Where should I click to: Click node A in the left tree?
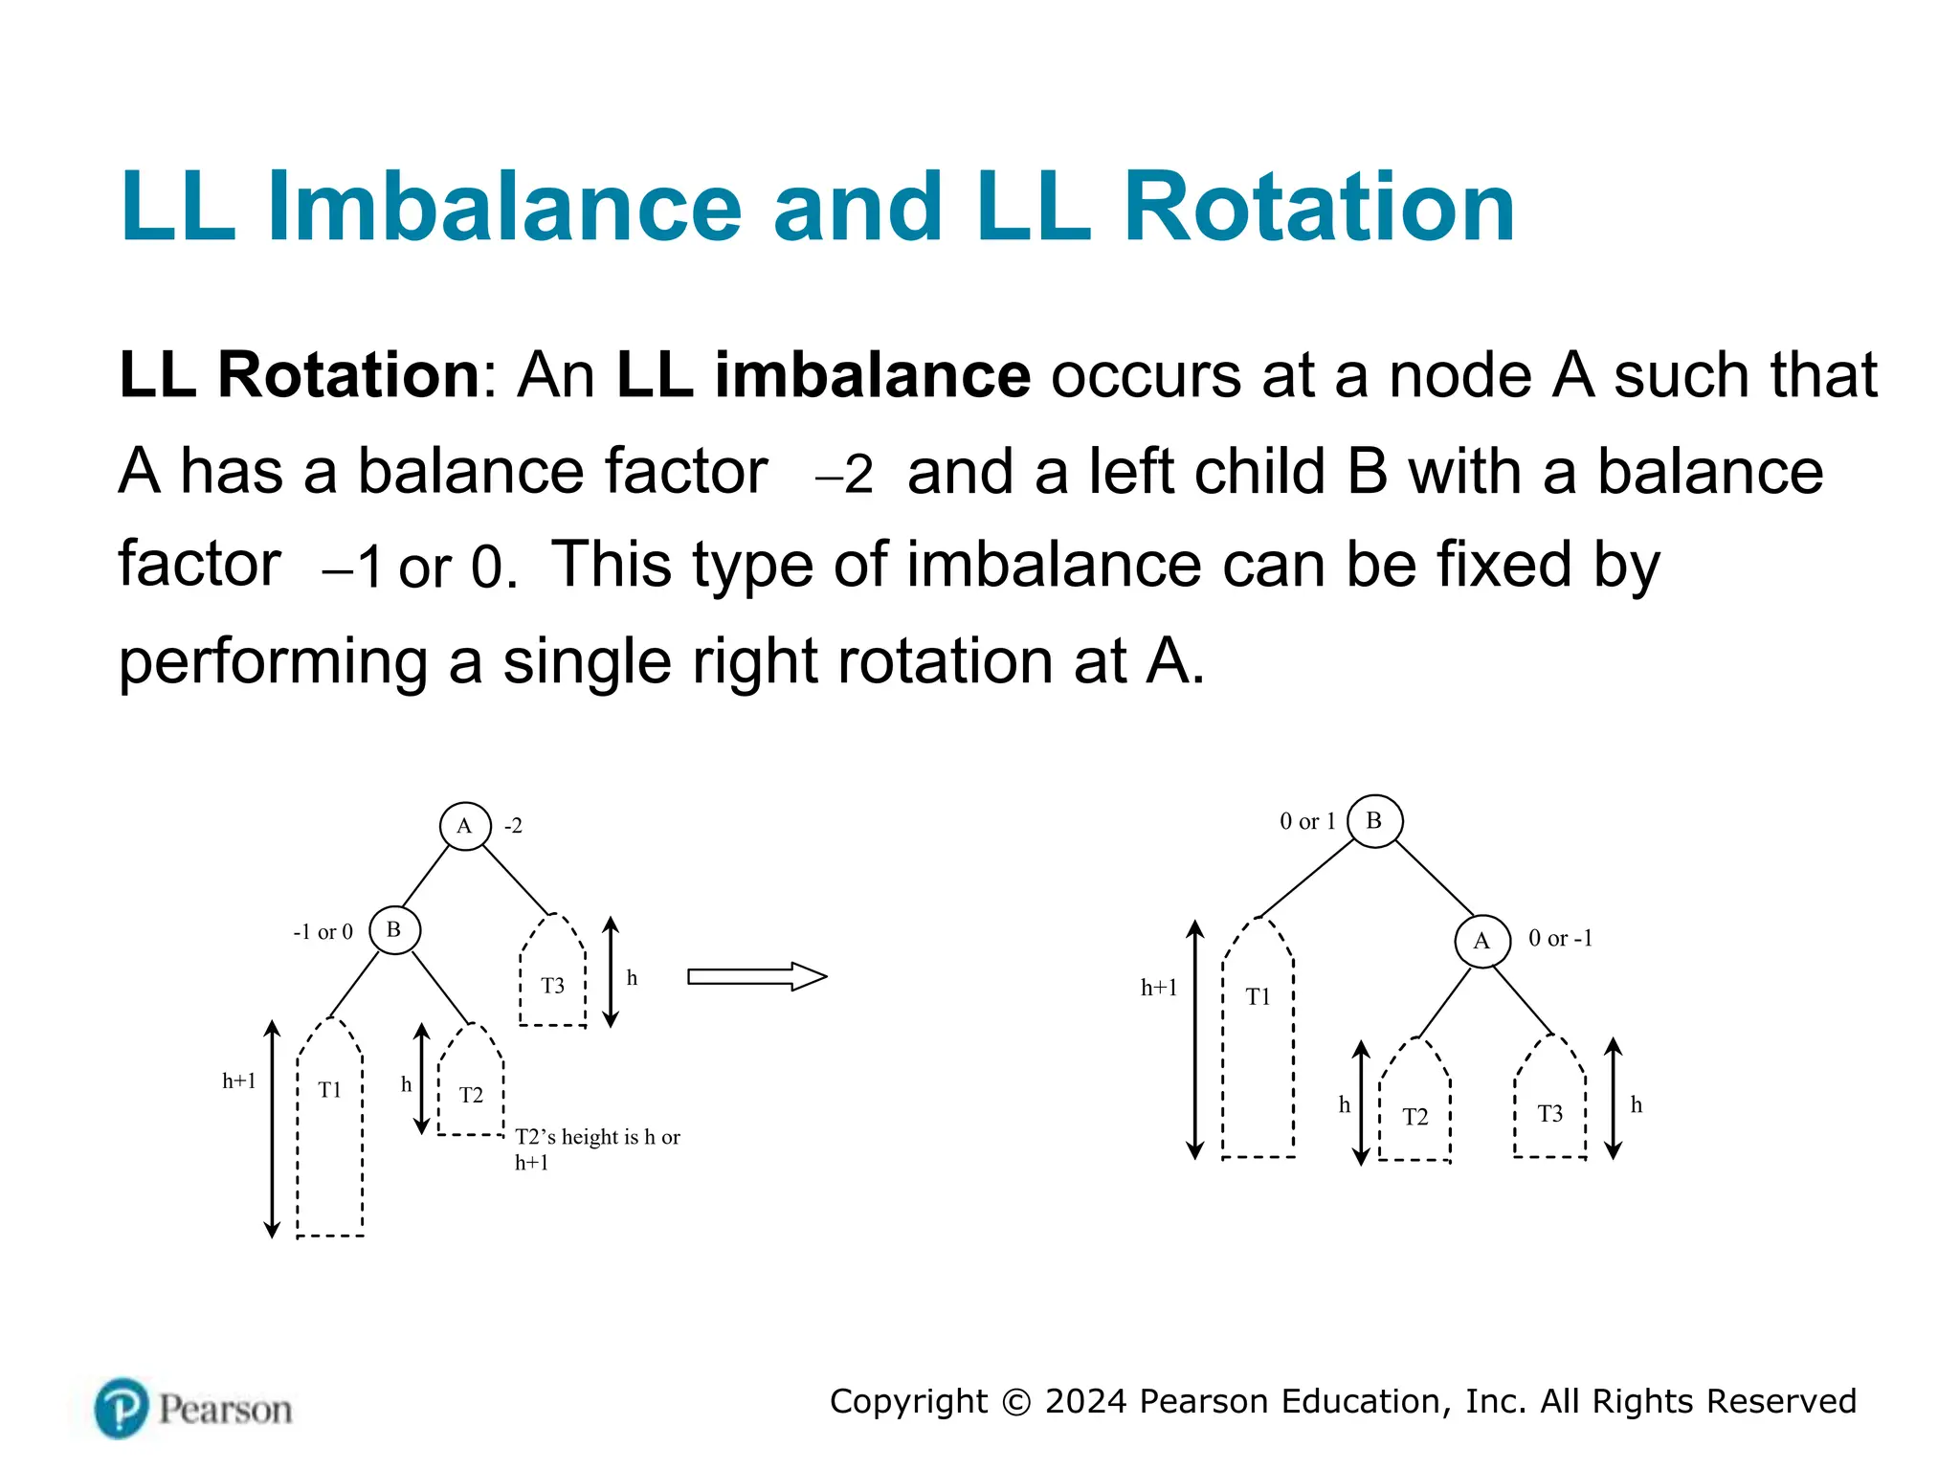pyautogui.click(x=465, y=826)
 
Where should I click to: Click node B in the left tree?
pyautogui.click(x=394, y=929)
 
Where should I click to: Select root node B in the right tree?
pyautogui.click(x=1374, y=821)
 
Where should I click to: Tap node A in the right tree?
pyautogui.click(x=1482, y=941)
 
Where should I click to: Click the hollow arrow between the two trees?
pyautogui.click(x=756, y=976)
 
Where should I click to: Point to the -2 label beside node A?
pyautogui.click(x=514, y=826)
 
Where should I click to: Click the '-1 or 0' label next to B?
pyautogui.click(x=323, y=932)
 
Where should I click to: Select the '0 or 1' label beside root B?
pyautogui.click(x=1307, y=821)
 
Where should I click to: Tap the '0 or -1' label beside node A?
pyautogui.click(x=1560, y=939)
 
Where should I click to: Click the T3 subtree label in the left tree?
pyautogui.click(x=552, y=986)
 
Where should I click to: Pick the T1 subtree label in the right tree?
pyautogui.click(x=1258, y=997)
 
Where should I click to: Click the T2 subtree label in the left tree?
pyautogui.click(x=471, y=1095)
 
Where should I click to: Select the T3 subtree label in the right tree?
pyautogui.click(x=1549, y=1114)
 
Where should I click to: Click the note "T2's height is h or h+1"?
pyautogui.click(x=596, y=1148)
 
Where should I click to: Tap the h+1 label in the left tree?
pyautogui.click(x=239, y=1081)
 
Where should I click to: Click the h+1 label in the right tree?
pyautogui.click(x=1158, y=988)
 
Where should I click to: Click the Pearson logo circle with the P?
pyautogui.click(x=122, y=1408)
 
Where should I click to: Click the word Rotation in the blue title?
pyautogui.click(x=1318, y=207)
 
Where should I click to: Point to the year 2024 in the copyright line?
pyautogui.click(x=1085, y=1401)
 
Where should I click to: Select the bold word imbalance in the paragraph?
pyautogui.click(x=872, y=374)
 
